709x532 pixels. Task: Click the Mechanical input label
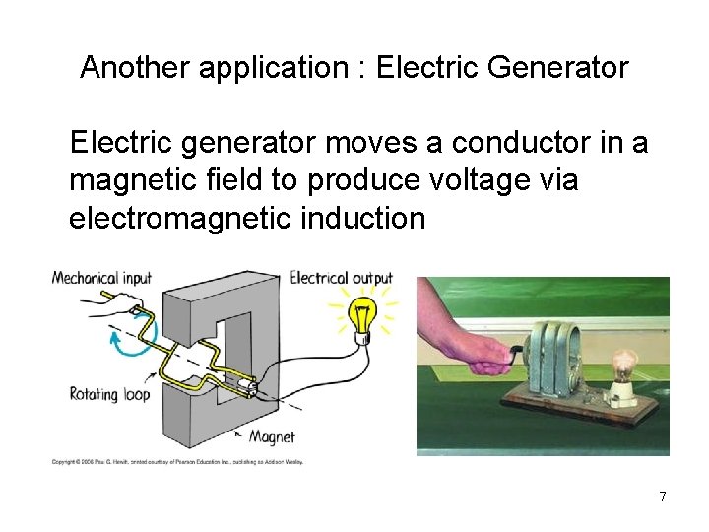[x=101, y=278]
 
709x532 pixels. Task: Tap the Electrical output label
[x=341, y=278]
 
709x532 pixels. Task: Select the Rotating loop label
[x=107, y=394]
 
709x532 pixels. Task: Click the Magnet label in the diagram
[x=271, y=436]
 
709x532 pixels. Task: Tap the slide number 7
[x=663, y=497]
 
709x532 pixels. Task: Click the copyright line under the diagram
[x=177, y=461]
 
